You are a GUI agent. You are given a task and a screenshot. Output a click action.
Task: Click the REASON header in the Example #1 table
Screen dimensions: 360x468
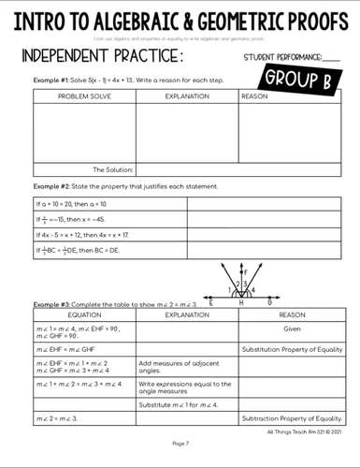point(255,95)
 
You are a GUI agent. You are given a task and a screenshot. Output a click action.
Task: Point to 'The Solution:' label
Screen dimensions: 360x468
point(112,169)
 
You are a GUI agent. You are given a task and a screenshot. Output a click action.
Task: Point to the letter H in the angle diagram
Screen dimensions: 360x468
point(241,304)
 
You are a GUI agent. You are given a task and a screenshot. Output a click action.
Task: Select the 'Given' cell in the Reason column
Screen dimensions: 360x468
point(292,329)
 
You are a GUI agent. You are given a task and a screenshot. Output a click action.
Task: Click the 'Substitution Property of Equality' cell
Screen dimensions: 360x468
point(292,349)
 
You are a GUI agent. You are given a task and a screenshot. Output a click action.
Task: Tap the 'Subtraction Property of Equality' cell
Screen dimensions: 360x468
point(292,418)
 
